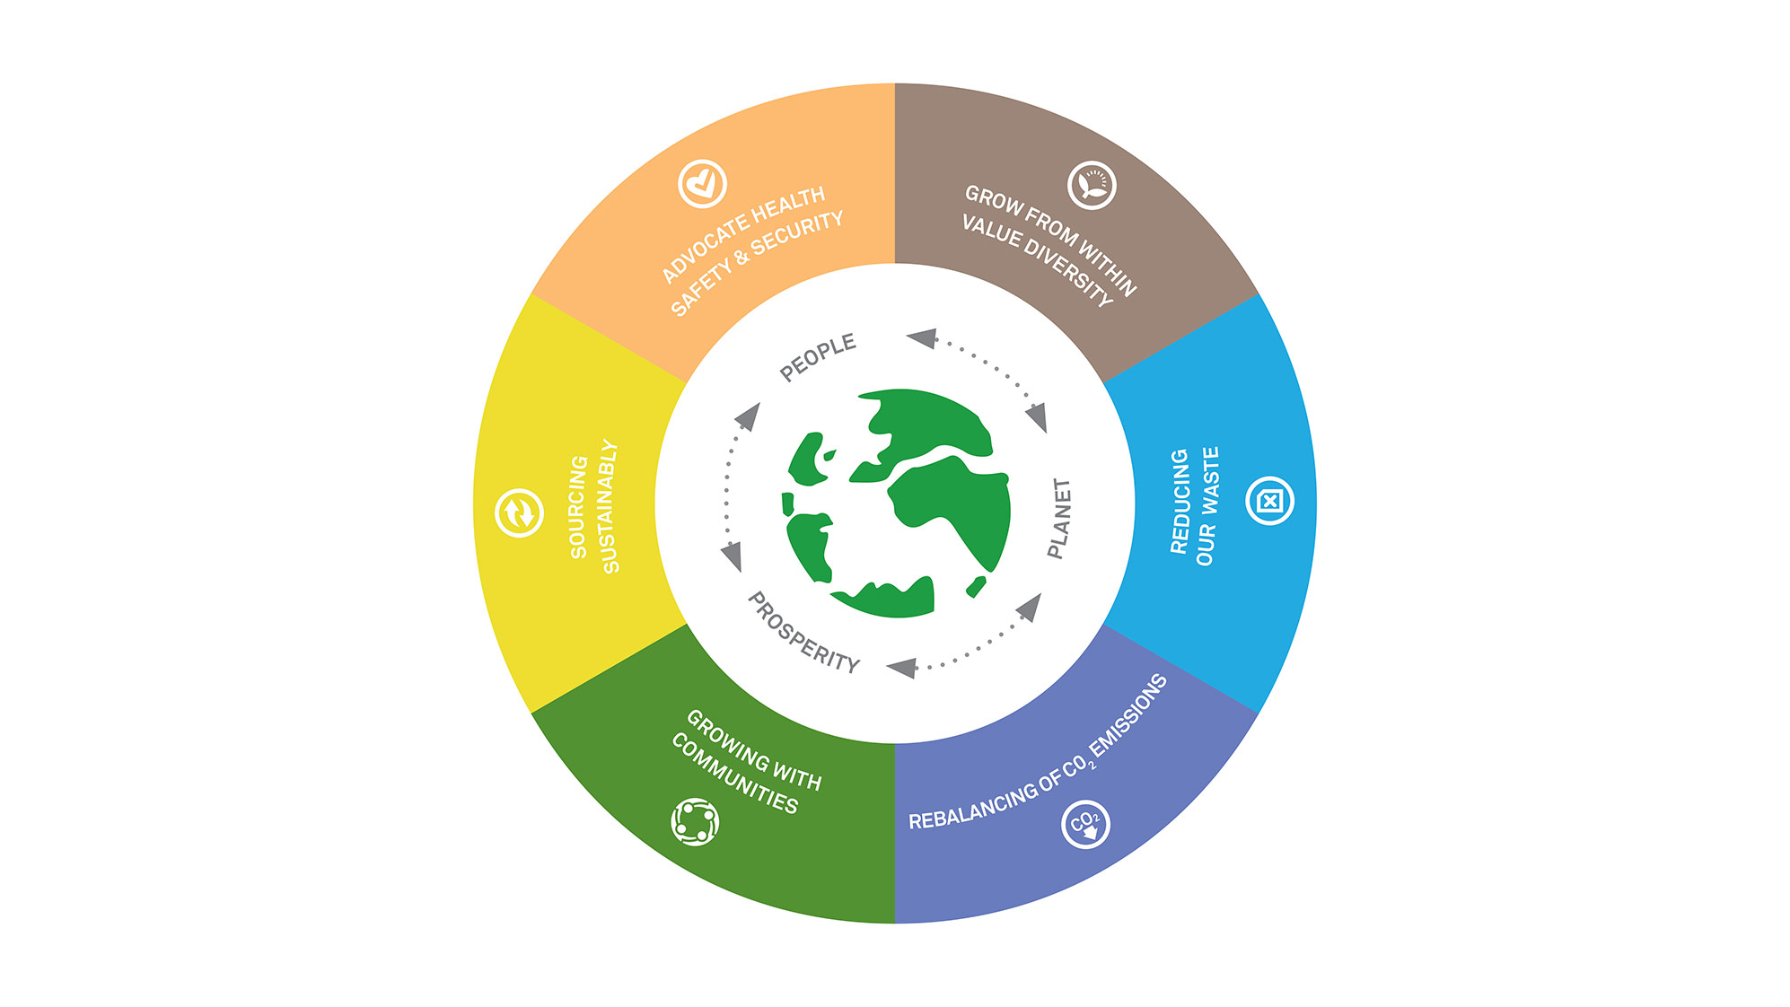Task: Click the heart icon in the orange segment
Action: pyautogui.click(x=702, y=184)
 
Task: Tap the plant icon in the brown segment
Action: pyautogui.click(x=1092, y=186)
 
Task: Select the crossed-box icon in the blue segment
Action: pyautogui.click(x=1270, y=501)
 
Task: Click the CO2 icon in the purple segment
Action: pyautogui.click(x=1085, y=823)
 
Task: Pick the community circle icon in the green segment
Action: pyautogui.click(x=695, y=821)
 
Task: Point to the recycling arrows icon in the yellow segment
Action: pyautogui.click(x=519, y=513)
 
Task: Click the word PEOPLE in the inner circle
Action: pyautogui.click(x=818, y=357)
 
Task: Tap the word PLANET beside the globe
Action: pyautogui.click(x=1060, y=518)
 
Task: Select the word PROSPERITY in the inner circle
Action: pyautogui.click(x=804, y=632)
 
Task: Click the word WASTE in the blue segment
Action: pyautogui.click(x=1211, y=480)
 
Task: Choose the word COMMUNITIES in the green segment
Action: pyautogui.click(x=734, y=774)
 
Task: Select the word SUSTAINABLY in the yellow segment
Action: pyautogui.click(x=610, y=506)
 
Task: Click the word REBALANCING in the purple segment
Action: pyautogui.click(x=972, y=806)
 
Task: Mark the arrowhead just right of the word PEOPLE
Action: pyautogui.click(x=922, y=338)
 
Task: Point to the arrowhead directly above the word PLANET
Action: pyautogui.click(x=1037, y=417)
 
